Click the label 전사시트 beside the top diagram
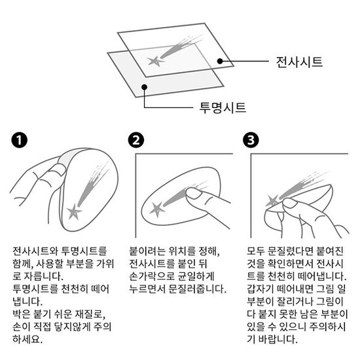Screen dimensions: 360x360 (299, 62)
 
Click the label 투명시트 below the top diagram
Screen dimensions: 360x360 (223, 107)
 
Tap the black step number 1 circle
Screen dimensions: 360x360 (19, 140)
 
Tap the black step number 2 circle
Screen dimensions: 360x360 (136, 140)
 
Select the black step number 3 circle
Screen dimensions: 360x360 (251, 140)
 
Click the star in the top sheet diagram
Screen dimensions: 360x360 (155, 61)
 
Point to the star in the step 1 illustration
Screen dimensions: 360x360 (74, 211)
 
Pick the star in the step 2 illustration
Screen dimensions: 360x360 (158, 209)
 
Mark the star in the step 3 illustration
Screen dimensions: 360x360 (272, 201)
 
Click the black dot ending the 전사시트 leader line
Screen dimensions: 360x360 (220, 61)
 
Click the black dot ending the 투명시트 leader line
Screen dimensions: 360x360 (144, 87)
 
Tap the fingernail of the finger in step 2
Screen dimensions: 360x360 (193, 193)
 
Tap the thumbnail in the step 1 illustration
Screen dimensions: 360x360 (58, 170)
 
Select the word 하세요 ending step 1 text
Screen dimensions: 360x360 (27, 339)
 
